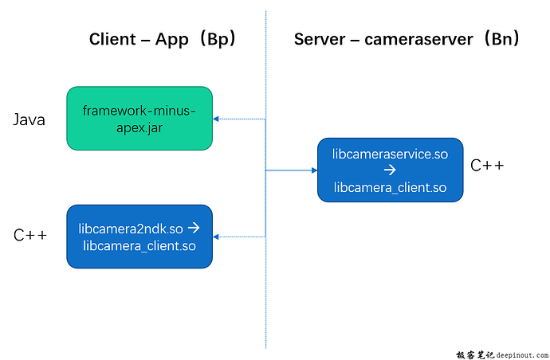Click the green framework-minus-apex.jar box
(139, 119)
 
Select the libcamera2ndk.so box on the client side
(139, 237)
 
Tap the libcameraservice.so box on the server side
(390, 170)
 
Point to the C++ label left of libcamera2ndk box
(31, 235)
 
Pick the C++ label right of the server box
(486, 166)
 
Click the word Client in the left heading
(112, 39)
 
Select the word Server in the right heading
(320, 39)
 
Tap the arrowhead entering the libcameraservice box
(313, 170)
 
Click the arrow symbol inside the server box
(390, 170)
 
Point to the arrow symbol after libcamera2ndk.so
(194, 229)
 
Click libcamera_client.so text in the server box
(390, 187)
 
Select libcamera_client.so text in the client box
(139, 245)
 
